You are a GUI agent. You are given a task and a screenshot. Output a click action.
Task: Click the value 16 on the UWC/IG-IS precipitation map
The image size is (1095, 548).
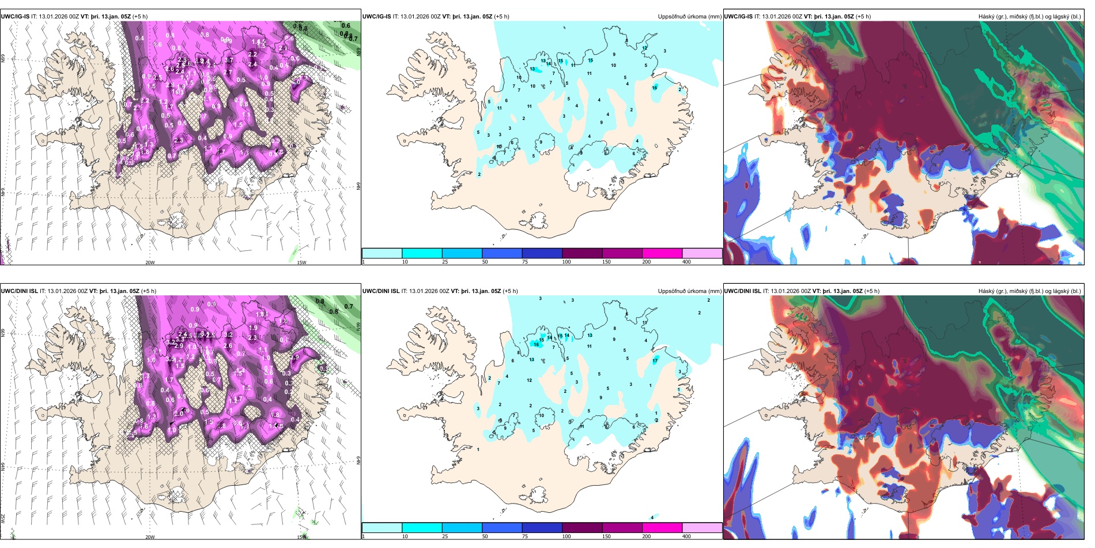(654, 88)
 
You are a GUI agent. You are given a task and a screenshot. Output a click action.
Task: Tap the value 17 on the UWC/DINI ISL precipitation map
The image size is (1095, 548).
(655, 361)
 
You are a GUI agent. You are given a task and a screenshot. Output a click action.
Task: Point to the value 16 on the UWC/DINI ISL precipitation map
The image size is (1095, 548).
(536, 344)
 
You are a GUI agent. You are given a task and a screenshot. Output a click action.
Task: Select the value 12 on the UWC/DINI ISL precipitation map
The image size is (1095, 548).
(529, 380)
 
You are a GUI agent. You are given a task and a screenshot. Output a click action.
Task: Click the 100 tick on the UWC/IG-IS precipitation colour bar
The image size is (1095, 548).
(566, 262)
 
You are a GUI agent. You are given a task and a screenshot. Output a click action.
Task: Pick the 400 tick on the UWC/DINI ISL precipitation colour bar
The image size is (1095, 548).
(686, 536)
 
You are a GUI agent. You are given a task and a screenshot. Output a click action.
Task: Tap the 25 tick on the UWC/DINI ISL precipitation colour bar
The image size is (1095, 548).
(444, 536)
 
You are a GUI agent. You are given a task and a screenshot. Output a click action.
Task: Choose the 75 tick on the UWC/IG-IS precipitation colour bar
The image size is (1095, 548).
(524, 262)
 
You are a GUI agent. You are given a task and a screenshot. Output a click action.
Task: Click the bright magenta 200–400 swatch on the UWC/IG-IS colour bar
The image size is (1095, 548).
(662, 253)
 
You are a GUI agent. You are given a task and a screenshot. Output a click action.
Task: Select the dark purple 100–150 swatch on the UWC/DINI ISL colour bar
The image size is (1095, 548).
(582, 528)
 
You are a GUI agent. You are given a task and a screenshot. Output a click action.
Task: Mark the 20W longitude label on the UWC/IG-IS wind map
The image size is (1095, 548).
(150, 262)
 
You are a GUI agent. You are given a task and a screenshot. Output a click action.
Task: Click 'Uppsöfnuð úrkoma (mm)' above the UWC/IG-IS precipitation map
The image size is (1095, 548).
(689, 17)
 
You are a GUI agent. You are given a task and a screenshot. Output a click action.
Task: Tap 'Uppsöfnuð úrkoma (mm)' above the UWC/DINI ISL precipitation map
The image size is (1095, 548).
(689, 291)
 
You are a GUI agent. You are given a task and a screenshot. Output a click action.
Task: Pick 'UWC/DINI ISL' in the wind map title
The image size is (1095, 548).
(19, 291)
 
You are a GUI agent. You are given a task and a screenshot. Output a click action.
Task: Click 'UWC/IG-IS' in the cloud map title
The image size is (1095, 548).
(738, 17)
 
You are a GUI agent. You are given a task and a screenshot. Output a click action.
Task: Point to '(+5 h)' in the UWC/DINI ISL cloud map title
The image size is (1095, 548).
(871, 291)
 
